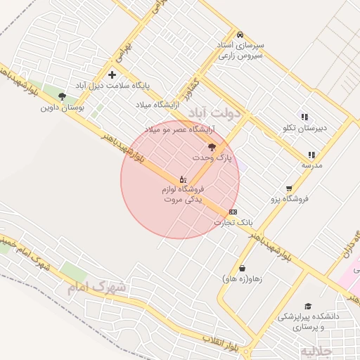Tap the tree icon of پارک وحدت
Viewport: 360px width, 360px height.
click(212, 147)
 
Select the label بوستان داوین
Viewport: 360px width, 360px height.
click(63, 108)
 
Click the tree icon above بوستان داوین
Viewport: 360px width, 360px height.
click(63, 96)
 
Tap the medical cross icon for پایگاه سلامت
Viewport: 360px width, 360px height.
click(112, 75)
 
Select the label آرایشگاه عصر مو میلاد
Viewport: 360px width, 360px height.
click(179, 130)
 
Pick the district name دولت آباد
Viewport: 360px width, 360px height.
click(215, 112)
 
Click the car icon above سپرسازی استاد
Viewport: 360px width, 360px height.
click(240, 34)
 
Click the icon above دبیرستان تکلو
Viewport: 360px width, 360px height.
click(304, 117)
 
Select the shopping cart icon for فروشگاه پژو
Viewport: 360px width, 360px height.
click(289, 188)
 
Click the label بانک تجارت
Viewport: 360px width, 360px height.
click(233, 223)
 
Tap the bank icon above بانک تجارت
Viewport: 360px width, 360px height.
click(233, 212)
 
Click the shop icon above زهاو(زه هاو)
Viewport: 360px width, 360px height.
click(242, 268)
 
